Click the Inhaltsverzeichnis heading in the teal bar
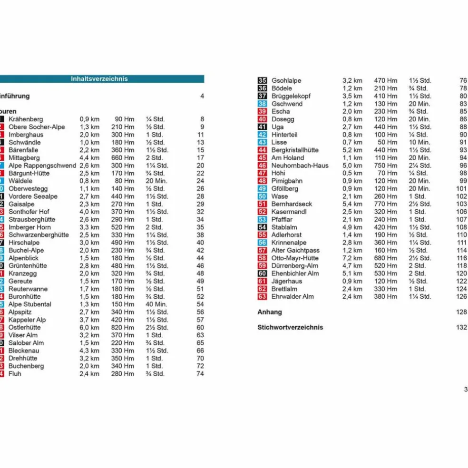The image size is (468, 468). click(99, 79)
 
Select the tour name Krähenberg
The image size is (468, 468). click(26, 119)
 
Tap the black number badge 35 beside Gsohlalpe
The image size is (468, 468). click(262, 81)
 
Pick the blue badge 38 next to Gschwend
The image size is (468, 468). click(262, 104)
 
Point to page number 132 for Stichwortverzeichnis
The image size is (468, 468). click(461, 328)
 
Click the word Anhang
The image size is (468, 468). click(270, 312)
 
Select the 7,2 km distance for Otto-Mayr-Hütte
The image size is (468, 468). click(352, 258)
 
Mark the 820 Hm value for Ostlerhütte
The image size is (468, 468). click(123, 328)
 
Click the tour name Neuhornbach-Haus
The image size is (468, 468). click(300, 166)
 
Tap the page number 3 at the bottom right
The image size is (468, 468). click(465, 390)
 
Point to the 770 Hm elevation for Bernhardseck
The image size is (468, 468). click(386, 204)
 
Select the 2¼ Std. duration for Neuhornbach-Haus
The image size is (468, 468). click(420, 166)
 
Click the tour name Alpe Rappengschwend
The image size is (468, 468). click(42, 166)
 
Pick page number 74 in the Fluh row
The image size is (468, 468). click(200, 374)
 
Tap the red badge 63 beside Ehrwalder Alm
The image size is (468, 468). click(262, 297)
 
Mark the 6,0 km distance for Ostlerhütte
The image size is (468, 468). click(89, 328)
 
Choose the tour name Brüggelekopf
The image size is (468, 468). click(291, 96)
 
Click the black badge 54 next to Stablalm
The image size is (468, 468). click(262, 227)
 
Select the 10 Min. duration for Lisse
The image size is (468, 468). click(419, 142)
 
